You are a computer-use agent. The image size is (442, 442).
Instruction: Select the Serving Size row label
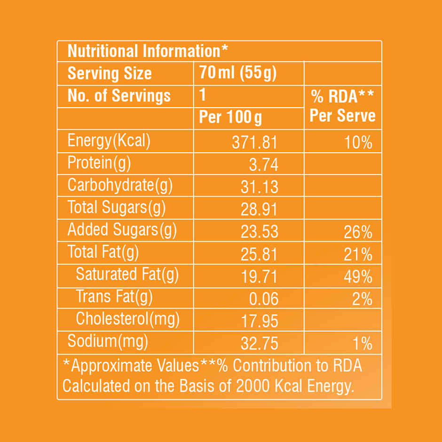(110, 73)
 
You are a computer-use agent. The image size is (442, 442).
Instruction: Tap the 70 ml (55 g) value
(238, 73)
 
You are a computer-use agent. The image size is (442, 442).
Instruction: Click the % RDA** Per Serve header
(343, 107)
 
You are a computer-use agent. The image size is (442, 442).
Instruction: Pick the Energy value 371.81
(255, 142)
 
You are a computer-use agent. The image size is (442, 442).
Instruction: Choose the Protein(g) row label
(99, 163)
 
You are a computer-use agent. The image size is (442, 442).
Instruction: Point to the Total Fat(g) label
(103, 253)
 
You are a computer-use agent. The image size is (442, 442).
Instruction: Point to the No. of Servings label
(119, 96)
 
